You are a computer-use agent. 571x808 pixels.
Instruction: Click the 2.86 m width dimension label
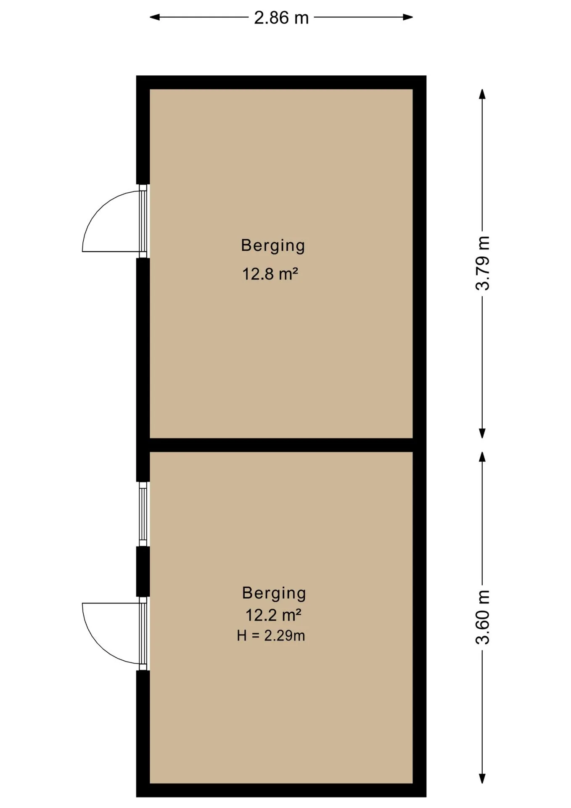pyautogui.click(x=281, y=18)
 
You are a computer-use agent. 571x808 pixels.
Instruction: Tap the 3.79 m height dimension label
pyautogui.click(x=483, y=263)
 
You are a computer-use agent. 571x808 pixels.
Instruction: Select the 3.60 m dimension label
pyautogui.click(x=483, y=617)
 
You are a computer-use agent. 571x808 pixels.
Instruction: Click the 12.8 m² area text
pyautogui.click(x=270, y=274)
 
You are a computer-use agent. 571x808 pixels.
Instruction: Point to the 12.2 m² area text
pyautogui.click(x=273, y=615)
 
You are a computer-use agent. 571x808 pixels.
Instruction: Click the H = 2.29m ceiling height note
pyautogui.click(x=271, y=635)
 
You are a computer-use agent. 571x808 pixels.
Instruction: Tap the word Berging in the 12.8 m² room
pyautogui.click(x=273, y=246)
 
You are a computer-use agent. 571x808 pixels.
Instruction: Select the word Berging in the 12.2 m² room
pyautogui.click(x=274, y=593)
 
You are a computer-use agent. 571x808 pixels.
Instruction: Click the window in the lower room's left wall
pyautogui.click(x=143, y=514)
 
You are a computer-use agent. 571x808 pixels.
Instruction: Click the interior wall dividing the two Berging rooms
pyautogui.click(x=281, y=445)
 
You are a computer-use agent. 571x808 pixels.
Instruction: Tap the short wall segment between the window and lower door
pyautogui.click(x=143, y=571)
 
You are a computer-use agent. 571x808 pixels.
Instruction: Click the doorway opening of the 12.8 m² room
pyautogui.click(x=143, y=221)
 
